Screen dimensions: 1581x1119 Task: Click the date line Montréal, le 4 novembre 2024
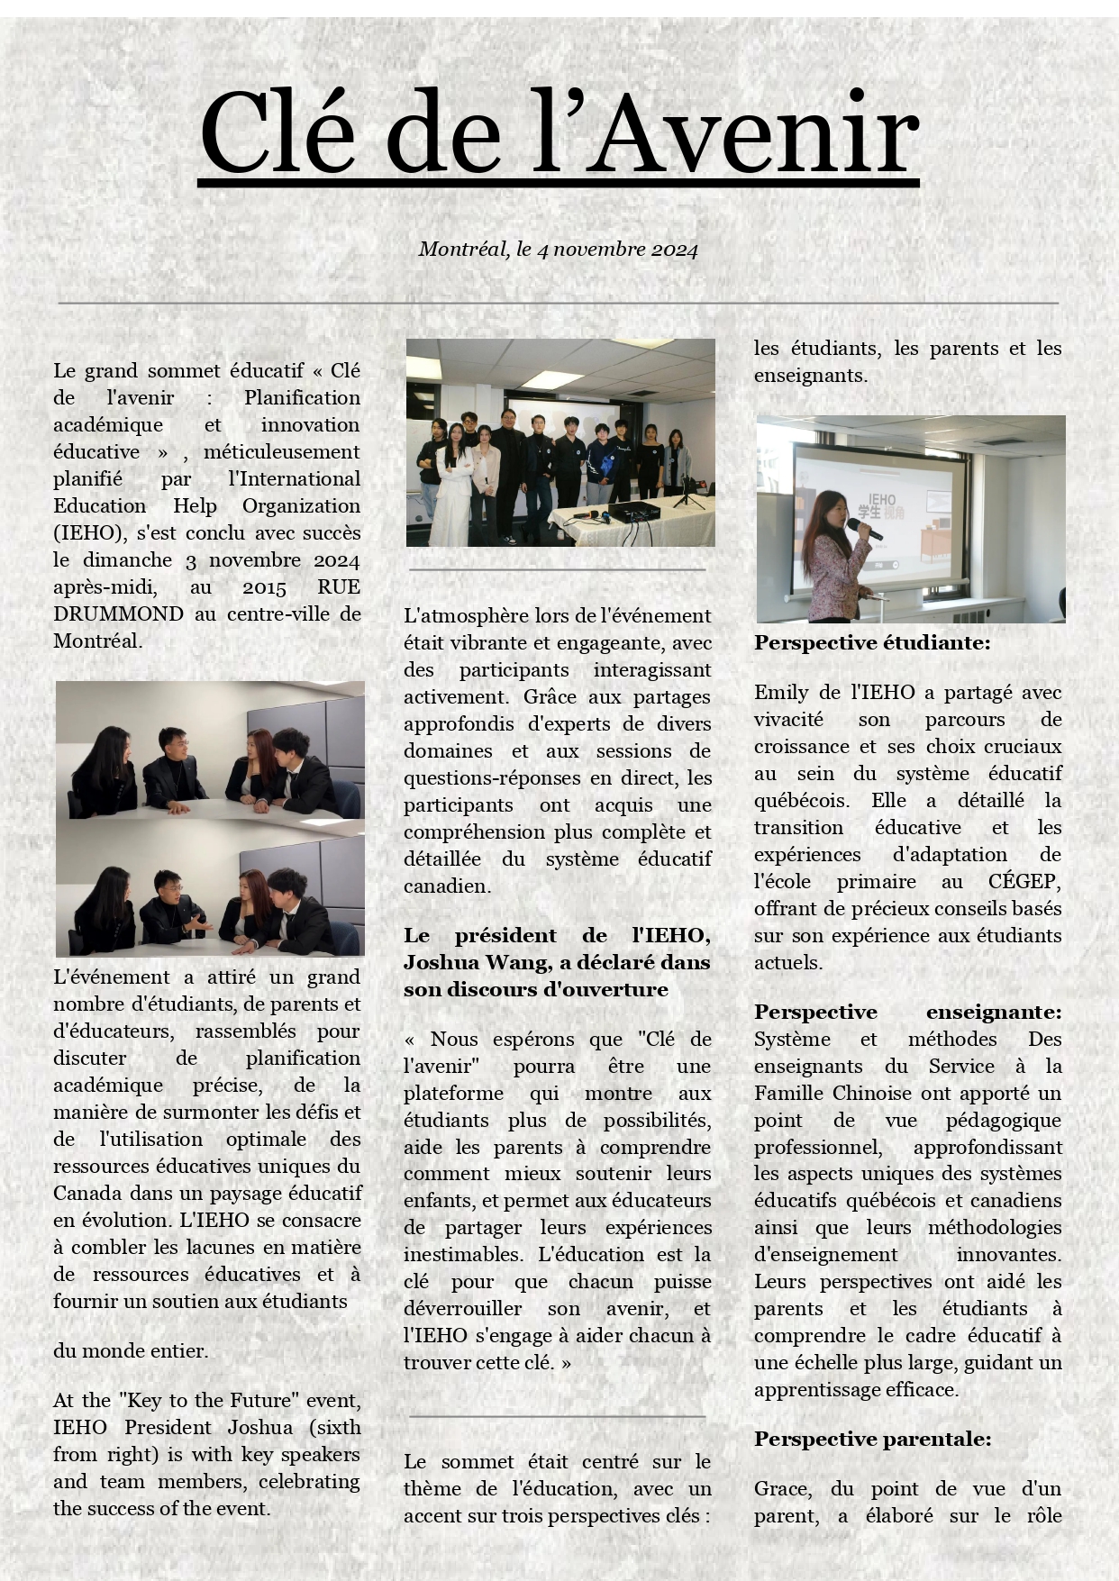[558, 250]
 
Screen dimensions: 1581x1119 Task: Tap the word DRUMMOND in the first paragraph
[118, 614]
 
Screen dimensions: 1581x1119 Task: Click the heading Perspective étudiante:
[872, 643]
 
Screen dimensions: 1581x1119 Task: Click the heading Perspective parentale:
[872, 1440]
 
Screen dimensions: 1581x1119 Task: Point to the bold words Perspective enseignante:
[907, 1013]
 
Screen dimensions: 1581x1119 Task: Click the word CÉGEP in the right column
[1023, 882]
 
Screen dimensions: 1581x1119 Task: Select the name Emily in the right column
[781, 693]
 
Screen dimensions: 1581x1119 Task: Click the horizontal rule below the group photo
[557, 570]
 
